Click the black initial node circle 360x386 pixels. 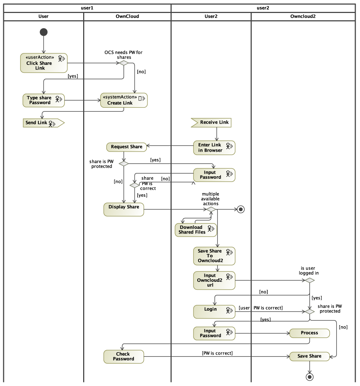(x=44, y=32)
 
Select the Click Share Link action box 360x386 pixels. (x=44, y=63)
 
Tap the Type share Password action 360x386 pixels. (x=44, y=100)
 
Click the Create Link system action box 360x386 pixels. (x=124, y=100)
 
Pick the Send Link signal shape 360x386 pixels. (x=44, y=123)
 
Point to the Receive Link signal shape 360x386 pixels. (x=211, y=123)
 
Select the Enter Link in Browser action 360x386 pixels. (x=214, y=148)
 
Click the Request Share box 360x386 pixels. (x=126, y=147)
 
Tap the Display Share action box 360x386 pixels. (x=124, y=209)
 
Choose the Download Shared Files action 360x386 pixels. (x=196, y=230)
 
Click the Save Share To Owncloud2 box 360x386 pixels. (x=214, y=256)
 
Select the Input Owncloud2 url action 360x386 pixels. (x=214, y=280)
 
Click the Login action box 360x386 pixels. (x=214, y=312)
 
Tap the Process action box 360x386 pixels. (x=310, y=333)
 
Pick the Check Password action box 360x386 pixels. (x=124, y=357)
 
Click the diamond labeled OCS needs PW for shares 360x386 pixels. (x=124, y=63)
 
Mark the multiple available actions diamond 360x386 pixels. (x=211, y=209)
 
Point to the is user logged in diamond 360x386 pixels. (x=310, y=280)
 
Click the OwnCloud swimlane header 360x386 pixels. (x=127, y=17)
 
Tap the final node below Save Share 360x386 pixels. (x=310, y=377)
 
